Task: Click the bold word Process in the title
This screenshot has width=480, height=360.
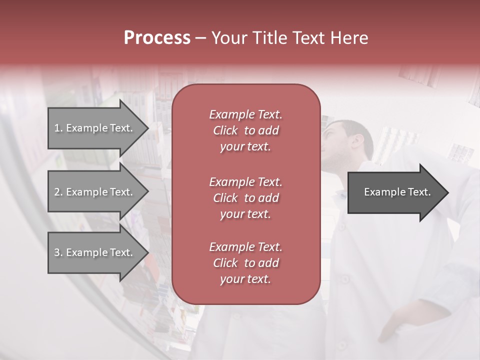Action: coord(157,37)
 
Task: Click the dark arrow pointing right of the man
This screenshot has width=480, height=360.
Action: coord(397,192)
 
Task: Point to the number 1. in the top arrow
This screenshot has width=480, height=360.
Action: coord(58,128)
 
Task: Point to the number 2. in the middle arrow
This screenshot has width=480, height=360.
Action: coord(58,192)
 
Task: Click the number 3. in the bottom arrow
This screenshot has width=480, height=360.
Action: coord(58,252)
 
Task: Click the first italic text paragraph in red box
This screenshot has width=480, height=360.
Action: coord(245,130)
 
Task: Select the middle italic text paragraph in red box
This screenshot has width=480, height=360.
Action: coord(245,197)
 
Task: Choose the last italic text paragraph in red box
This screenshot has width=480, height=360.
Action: coord(245,263)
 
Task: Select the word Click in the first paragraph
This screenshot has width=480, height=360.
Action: coord(225,130)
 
